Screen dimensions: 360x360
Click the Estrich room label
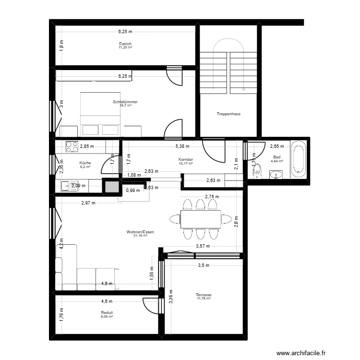[126, 44]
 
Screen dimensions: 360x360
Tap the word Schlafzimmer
[125, 102]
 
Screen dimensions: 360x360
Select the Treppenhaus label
[228, 114]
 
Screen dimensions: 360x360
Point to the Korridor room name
[185, 159]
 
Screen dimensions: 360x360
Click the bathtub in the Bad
[299, 157]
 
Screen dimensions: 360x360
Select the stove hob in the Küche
[72, 146]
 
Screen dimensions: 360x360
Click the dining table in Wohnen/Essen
[201, 219]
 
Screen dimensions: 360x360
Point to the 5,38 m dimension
[182, 146]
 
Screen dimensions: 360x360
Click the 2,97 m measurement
[88, 203]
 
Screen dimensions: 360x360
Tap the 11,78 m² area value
[204, 298]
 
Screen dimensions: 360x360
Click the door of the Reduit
[150, 305]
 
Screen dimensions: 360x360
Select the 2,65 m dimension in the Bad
[277, 146]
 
